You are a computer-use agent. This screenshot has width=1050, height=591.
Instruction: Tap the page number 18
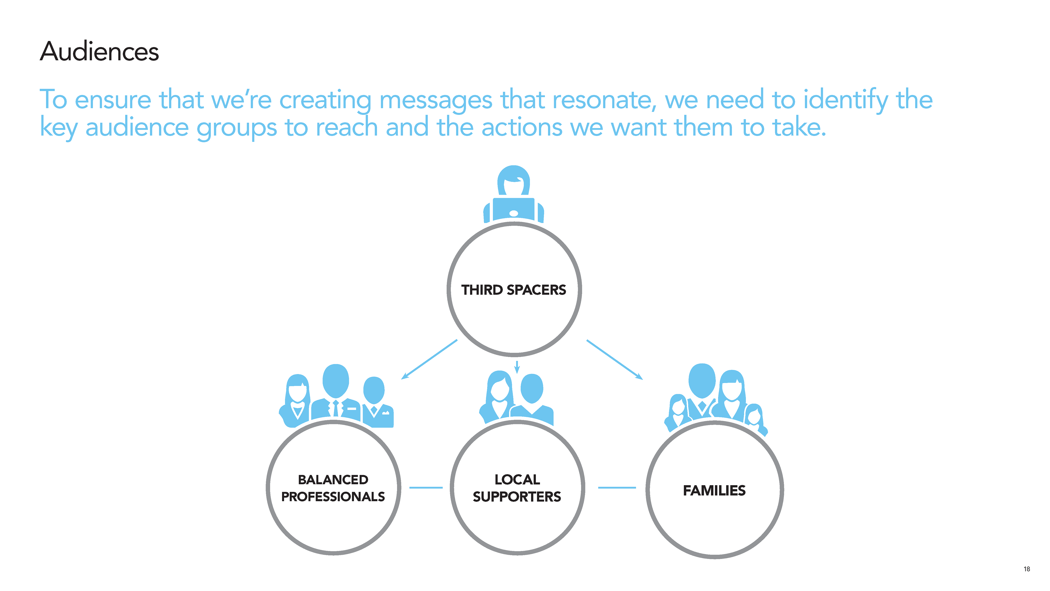[x=1026, y=569]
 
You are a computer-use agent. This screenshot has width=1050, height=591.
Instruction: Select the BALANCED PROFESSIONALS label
[x=333, y=488]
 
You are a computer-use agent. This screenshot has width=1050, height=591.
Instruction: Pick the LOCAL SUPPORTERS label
[x=517, y=488]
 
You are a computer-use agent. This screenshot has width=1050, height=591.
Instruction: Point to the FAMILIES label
[x=714, y=490]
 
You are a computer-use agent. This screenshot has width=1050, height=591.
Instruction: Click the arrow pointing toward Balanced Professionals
[x=429, y=359]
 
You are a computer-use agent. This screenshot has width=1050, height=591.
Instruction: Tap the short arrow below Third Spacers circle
[x=517, y=367]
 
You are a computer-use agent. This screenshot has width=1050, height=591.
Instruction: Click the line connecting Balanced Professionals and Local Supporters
[x=426, y=487]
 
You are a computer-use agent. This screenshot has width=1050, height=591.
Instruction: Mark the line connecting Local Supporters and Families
[x=617, y=487]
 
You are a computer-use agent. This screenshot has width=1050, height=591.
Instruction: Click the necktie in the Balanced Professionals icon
[x=336, y=409]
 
